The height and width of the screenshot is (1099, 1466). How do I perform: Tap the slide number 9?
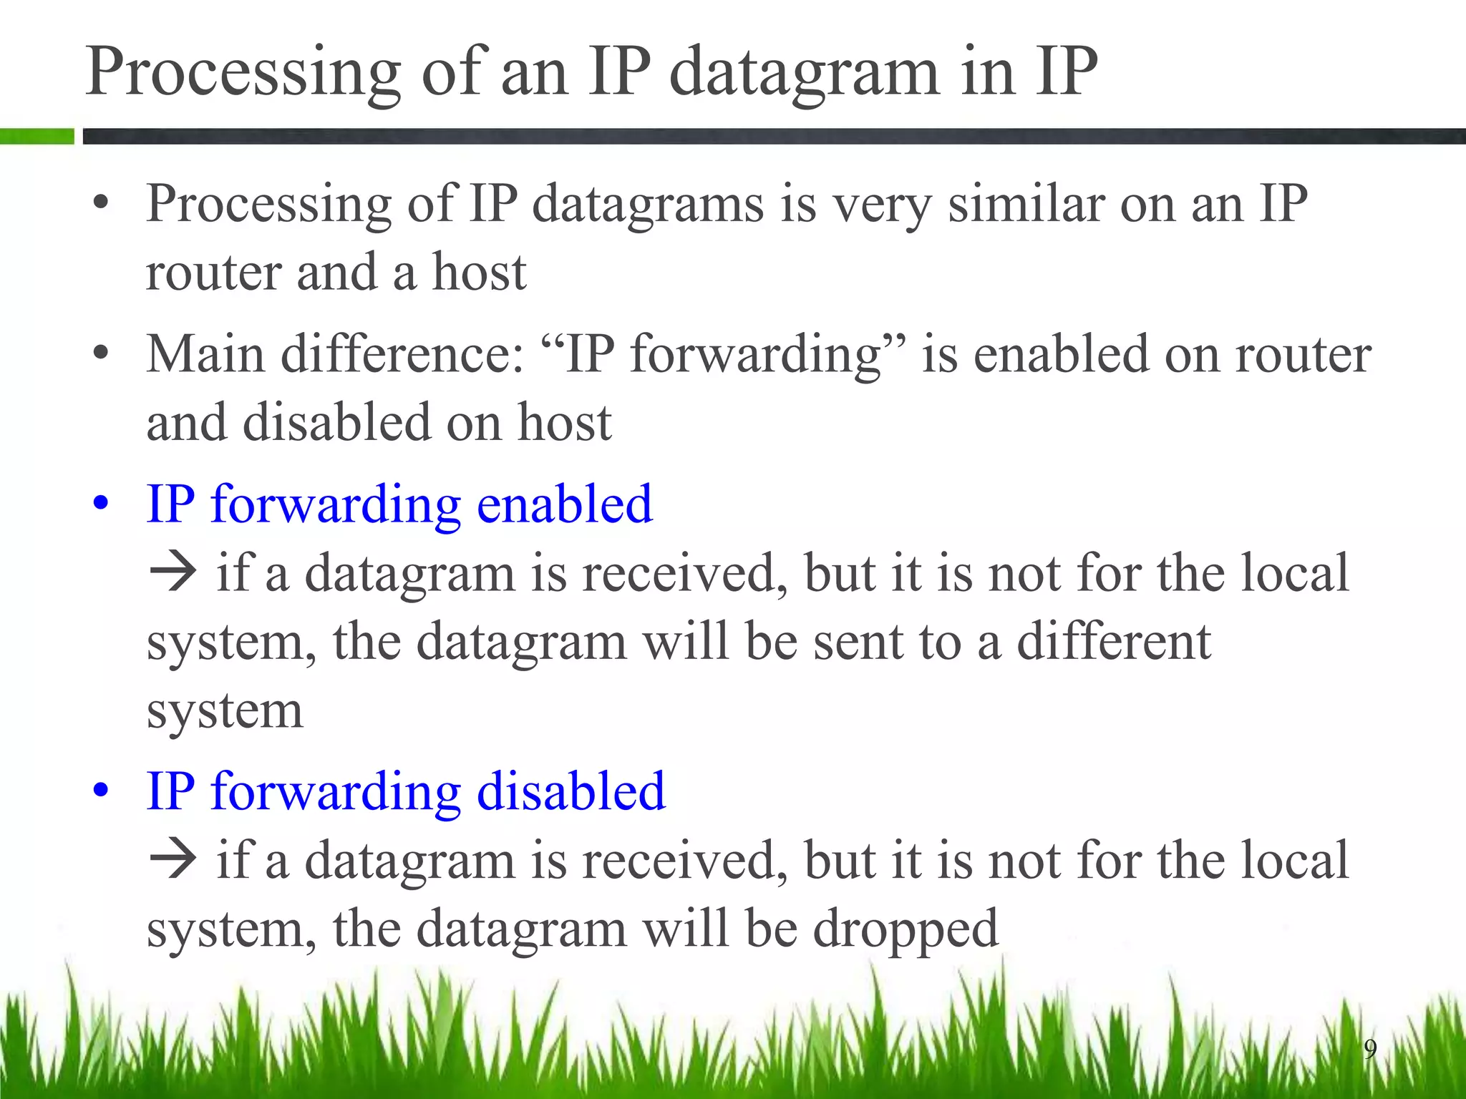click(x=1370, y=1049)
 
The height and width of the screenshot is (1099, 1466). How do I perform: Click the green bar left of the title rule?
click(x=37, y=136)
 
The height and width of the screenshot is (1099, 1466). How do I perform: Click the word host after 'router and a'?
click(x=480, y=273)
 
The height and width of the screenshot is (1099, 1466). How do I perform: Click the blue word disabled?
click(x=571, y=791)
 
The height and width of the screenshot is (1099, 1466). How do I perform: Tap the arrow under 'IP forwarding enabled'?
click(x=173, y=572)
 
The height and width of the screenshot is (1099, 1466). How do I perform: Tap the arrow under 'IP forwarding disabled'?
click(x=173, y=859)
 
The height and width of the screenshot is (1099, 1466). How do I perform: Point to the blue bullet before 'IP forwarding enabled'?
click(x=101, y=504)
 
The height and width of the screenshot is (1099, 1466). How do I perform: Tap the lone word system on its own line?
click(x=225, y=710)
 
